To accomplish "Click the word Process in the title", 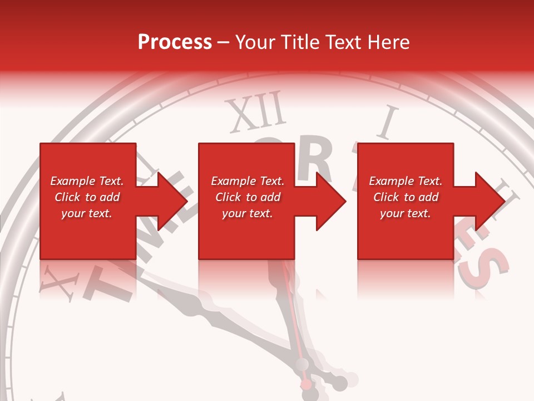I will pos(175,42).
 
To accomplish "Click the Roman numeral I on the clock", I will pos(388,123).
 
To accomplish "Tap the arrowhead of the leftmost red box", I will pos(173,201).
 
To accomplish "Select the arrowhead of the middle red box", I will pos(332,201).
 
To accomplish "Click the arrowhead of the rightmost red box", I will pos(490,201).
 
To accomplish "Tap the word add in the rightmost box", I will pos(428,197).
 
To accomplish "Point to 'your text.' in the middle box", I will pos(247,213).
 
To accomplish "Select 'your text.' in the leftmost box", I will pos(86,213).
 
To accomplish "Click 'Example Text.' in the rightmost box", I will pos(406,181).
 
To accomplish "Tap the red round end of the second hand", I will pos(306,384).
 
